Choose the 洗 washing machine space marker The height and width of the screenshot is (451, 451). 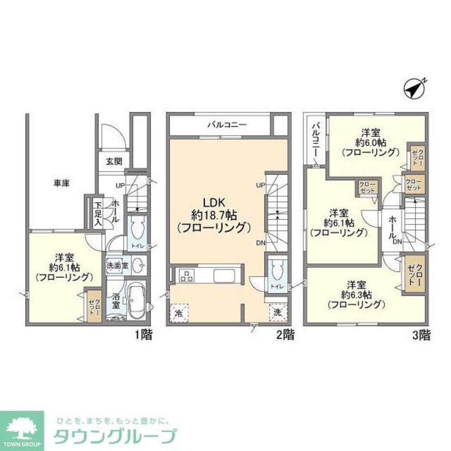(x=277, y=312)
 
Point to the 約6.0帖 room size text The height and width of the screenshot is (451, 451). (x=370, y=142)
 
